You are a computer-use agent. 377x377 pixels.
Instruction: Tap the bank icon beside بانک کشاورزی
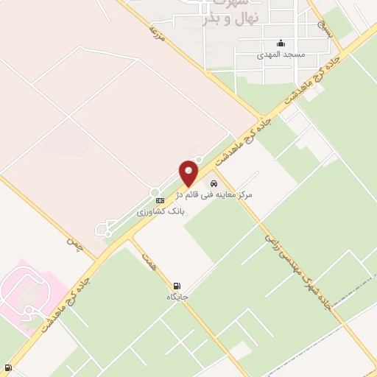[160, 200]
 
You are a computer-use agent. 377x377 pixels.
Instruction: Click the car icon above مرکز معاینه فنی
[214, 183]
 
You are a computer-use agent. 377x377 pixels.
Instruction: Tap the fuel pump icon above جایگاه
[177, 286]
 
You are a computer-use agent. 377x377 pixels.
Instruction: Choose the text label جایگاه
[177, 297]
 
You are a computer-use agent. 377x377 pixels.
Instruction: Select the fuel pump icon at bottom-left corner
[7, 367]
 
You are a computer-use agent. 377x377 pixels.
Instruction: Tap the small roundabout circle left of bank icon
[155, 193]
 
